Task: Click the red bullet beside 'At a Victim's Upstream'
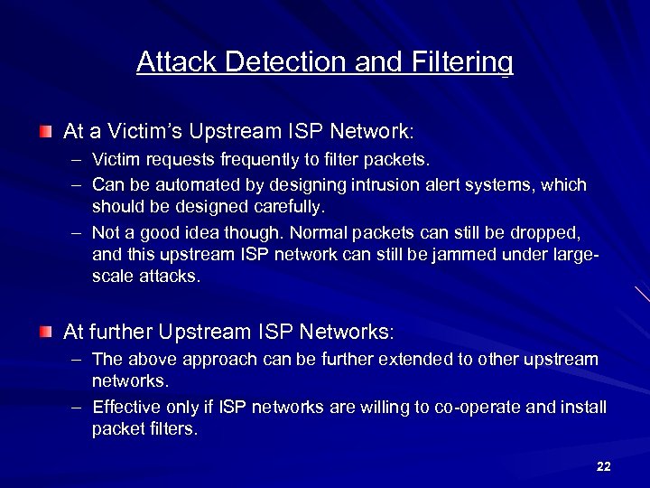[x=45, y=132]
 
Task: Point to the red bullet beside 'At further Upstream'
[x=45, y=333]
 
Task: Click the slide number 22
[x=604, y=466]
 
